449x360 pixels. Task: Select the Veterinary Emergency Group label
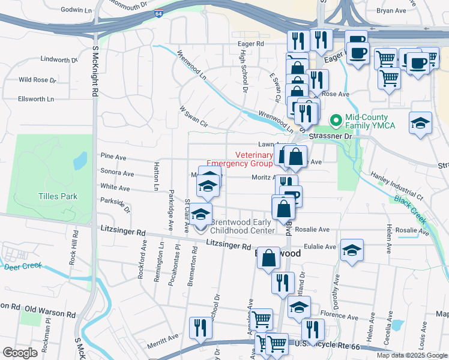(240, 158)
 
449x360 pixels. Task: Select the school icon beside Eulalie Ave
(352, 251)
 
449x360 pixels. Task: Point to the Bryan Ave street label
(391, 11)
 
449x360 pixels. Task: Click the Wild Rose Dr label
(37, 79)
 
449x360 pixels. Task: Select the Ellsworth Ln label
(36, 98)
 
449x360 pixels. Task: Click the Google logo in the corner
(20, 353)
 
